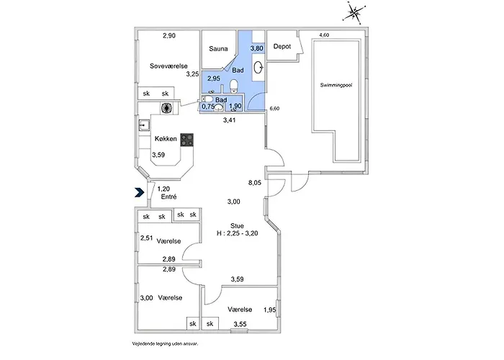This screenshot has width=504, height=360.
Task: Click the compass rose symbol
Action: coord(354,13)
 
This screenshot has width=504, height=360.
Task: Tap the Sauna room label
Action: coord(218,49)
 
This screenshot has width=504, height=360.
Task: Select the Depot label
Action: coord(282,46)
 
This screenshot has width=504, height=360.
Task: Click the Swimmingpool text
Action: coord(336,85)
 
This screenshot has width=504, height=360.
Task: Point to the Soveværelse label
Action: coord(168,66)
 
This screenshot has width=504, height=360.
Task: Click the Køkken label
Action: coord(166,139)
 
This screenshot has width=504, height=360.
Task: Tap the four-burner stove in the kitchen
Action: coord(186,140)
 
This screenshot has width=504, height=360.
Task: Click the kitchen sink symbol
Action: coord(144,125)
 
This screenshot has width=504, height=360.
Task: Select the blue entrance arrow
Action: coord(139,192)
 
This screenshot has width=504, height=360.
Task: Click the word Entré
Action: coord(168,197)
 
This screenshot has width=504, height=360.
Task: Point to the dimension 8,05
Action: coord(255,183)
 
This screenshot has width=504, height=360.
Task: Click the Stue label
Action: coord(237,226)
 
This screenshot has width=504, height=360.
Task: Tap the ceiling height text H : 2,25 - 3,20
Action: coord(237,234)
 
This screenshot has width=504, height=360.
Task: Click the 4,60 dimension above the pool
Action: coord(324,35)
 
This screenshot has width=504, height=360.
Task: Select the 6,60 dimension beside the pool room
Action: coord(274,109)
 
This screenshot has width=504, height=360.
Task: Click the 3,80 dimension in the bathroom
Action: coord(257,48)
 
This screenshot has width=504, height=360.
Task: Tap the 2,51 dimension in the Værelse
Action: coord(146,238)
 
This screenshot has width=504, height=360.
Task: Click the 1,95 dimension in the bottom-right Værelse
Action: coord(270,310)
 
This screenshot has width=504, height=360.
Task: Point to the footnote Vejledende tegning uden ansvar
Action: coord(165,343)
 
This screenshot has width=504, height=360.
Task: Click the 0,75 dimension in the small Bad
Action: coord(208,106)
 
